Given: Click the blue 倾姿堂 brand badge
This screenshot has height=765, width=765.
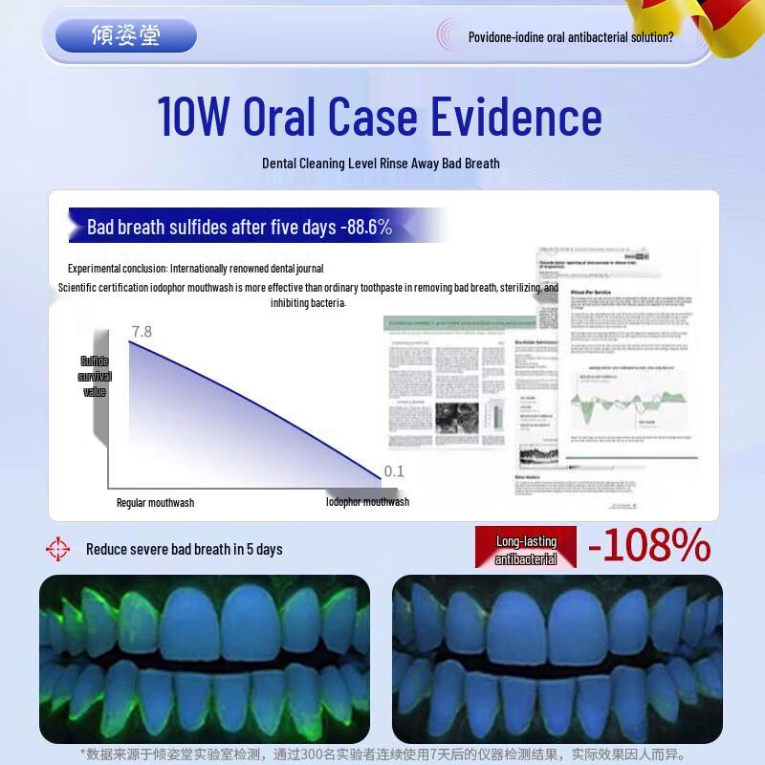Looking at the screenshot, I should [126, 35].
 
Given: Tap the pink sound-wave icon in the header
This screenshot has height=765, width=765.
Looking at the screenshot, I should [447, 35].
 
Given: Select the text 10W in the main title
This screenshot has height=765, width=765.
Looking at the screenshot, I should [194, 117].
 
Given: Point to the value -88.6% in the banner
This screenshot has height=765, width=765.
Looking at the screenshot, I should [365, 227].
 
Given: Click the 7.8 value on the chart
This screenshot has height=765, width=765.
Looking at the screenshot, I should [142, 332].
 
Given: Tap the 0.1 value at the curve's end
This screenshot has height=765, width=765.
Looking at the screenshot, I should [394, 471].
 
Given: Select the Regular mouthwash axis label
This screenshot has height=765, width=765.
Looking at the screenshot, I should [155, 503].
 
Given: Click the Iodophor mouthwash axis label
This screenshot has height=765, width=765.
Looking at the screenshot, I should [367, 502].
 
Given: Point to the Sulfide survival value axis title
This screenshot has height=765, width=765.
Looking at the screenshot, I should [95, 376].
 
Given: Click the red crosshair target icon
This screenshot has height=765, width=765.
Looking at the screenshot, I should [58, 549].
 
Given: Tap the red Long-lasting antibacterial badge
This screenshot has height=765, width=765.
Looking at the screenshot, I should [526, 550].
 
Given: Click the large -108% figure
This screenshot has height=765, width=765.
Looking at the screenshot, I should [649, 546].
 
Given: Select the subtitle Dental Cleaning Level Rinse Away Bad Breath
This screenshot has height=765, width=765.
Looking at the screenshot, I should [381, 164].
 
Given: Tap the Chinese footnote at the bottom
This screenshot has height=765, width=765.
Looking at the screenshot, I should [382, 754].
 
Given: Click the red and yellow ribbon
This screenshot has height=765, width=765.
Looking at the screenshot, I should [708, 24].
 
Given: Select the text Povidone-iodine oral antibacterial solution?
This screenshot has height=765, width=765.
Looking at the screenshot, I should [571, 37].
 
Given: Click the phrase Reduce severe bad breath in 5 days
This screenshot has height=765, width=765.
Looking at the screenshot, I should [185, 549].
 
